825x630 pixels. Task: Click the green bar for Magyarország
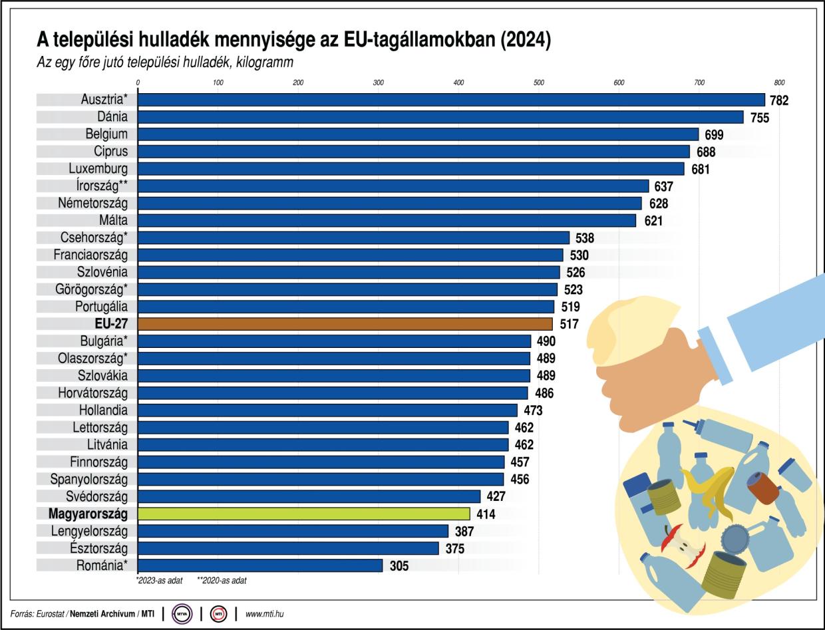(x=303, y=514)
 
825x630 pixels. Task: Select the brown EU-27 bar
(x=345, y=324)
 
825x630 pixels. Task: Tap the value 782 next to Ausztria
(x=778, y=100)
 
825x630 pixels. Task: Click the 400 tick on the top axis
(x=458, y=82)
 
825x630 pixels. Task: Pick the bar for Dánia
(x=440, y=117)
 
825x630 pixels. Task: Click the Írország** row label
(x=98, y=186)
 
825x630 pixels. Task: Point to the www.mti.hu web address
(x=264, y=613)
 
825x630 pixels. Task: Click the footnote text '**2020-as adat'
(x=222, y=581)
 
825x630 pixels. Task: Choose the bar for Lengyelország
(x=293, y=531)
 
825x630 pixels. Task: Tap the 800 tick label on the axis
(x=779, y=82)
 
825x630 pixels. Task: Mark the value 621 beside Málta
(x=653, y=221)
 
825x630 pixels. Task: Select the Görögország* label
(x=91, y=289)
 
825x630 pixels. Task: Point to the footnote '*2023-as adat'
(x=159, y=581)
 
